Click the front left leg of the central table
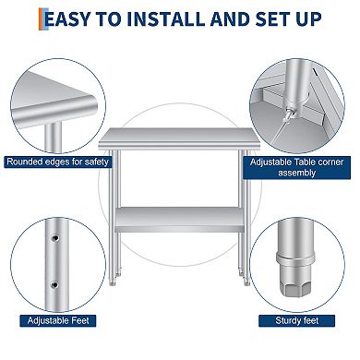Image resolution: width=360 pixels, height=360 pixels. tap(115, 212)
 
